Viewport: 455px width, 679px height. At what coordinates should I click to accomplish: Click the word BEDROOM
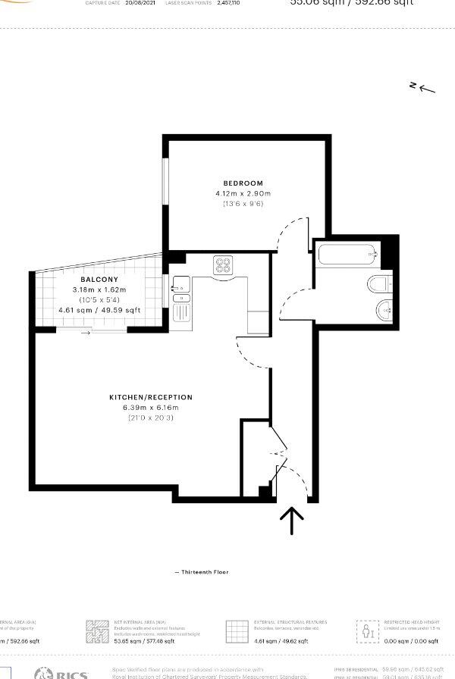pos(243,183)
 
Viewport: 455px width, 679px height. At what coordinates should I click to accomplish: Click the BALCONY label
pos(99,280)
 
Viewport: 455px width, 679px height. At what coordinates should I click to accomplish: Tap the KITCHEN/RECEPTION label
pos(151,397)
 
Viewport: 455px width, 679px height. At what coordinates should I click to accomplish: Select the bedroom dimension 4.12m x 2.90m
pos(243,194)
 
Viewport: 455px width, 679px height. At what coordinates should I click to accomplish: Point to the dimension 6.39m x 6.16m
pos(151,408)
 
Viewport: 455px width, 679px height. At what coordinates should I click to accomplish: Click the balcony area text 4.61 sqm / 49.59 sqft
pos(99,310)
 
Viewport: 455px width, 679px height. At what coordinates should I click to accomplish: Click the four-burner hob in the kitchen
pos(224,265)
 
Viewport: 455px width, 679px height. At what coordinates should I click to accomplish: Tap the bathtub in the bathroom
pos(347,255)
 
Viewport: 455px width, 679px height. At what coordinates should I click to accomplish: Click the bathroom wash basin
pos(384,309)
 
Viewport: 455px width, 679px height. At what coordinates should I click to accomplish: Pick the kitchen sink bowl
pos(180,285)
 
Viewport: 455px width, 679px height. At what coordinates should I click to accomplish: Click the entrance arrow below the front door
pos(292,520)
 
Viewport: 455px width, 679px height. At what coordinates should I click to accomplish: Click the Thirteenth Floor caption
pos(202,572)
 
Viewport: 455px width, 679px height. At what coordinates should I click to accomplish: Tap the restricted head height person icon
pos(367,631)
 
